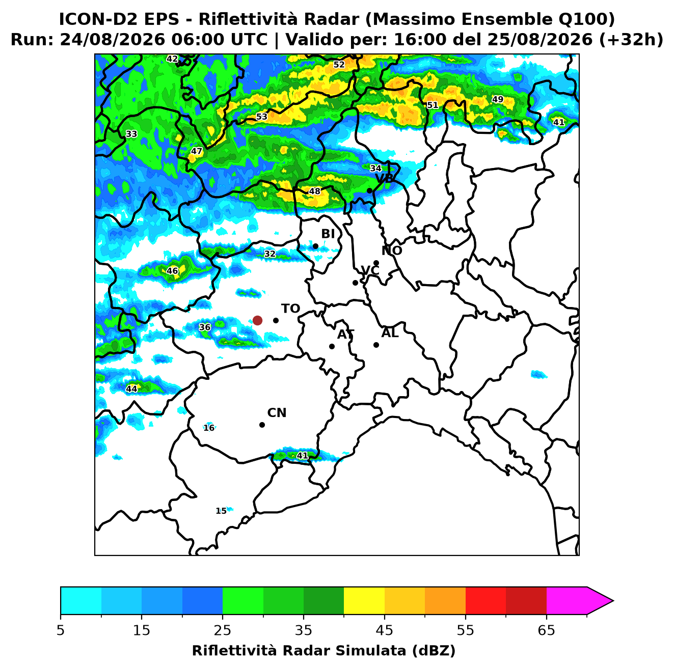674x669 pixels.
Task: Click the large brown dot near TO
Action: point(257,320)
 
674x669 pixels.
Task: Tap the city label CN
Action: point(277,413)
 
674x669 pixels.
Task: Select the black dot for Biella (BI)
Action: point(315,246)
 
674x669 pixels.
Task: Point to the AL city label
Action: point(390,332)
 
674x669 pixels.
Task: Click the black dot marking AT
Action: point(332,346)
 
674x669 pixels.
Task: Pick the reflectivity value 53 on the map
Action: point(261,117)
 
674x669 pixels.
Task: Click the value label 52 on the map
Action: point(339,64)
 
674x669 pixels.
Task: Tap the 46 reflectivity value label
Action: point(172,271)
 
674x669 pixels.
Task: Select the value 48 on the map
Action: point(314,191)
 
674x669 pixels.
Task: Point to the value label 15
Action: point(221,511)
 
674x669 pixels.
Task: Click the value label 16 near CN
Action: point(209,428)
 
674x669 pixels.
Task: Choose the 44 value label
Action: point(131,389)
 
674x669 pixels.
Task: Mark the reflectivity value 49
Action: point(497,99)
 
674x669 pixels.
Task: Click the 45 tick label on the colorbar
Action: point(384,630)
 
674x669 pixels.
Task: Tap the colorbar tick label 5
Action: point(61,630)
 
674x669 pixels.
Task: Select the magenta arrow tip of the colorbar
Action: point(612,601)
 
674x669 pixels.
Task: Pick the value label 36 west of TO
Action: point(205,327)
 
